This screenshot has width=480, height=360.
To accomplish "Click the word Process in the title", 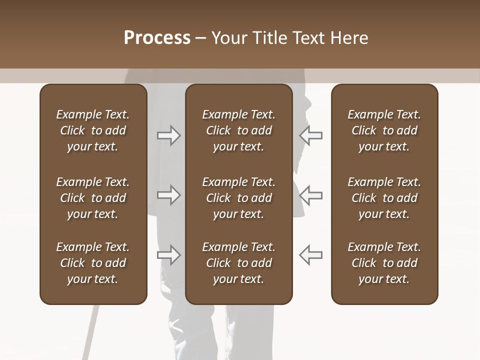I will pyautogui.click(x=157, y=37).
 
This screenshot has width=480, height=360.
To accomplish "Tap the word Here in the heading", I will pyautogui.click(x=349, y=37).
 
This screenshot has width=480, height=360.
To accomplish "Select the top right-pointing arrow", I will pyautogui.click(x=168, y=135).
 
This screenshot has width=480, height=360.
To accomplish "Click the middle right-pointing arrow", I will pyautogui.click(x=168, y=195).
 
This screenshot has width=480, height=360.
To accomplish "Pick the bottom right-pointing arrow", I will pyautogui.click(x=168, y=254).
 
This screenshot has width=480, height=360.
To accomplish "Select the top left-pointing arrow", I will pyautogui.click(x=311, y=135).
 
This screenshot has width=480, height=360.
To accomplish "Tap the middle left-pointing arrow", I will pyautogui.click(x=311, y=195).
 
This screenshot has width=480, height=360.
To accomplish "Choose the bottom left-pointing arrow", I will pyautogui.click(x=311, y=254).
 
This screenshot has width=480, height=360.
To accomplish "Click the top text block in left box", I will pyautogui.click(x=93, y=130).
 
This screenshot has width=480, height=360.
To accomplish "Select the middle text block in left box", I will pyautogui.click(x=93, y=198).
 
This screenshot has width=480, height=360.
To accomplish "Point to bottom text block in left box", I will pyautogui.click(x=93, y=263).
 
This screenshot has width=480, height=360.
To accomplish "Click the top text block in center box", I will pyautogui.click(x=238, y=130).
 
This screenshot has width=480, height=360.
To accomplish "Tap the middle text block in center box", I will pyautogui.click(x=238, y=198).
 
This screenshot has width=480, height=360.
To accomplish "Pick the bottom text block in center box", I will pyautogui.click(x=238, y=263).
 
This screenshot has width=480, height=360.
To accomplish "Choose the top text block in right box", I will pyautogui.click(x=384, y=130).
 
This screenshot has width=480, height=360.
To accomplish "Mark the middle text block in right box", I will pyautogui.click(x=384, y=198).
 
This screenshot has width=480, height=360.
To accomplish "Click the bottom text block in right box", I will pyautogui.click(x=384, y=263).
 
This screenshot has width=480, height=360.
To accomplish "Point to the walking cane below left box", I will pyautogui.click(x=91, y=332).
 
